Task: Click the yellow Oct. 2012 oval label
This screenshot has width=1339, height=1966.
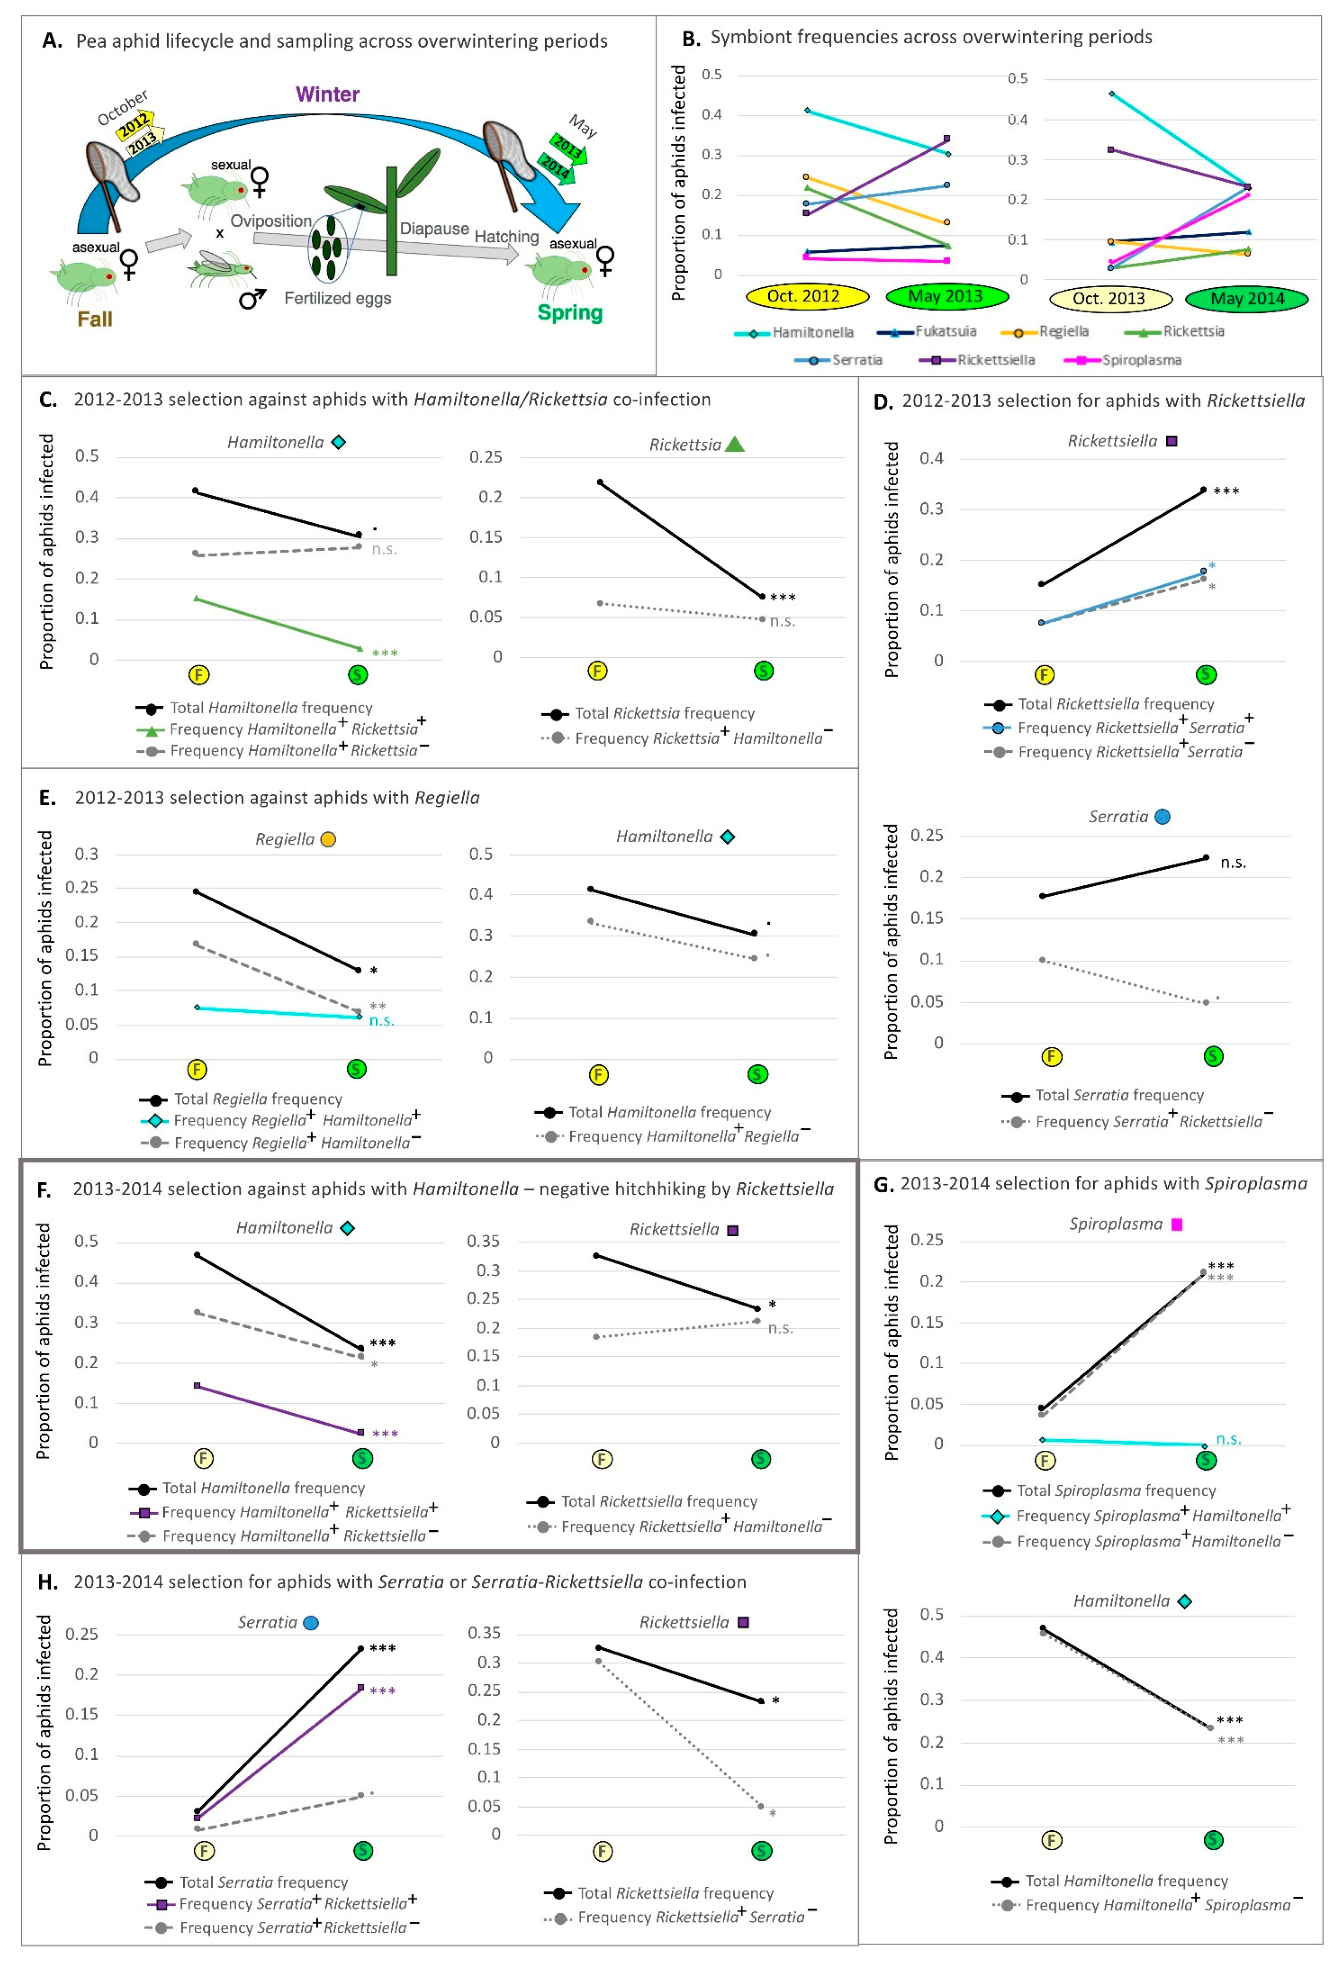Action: coord(808,296)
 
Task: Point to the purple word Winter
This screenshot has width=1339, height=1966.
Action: coord(327,94)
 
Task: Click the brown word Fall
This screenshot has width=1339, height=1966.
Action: coord(95,319)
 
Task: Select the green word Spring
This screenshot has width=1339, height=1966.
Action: coord(570,313)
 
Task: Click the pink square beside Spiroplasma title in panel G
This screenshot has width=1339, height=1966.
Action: coord(1177,1224)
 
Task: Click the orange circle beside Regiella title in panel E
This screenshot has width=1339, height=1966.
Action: coord(328,839)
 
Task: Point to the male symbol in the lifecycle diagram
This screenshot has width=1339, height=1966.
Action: coord(252,298)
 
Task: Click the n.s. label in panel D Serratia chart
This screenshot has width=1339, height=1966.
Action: coord(1233,863)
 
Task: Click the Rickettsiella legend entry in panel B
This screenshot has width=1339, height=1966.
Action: coord(977,361)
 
